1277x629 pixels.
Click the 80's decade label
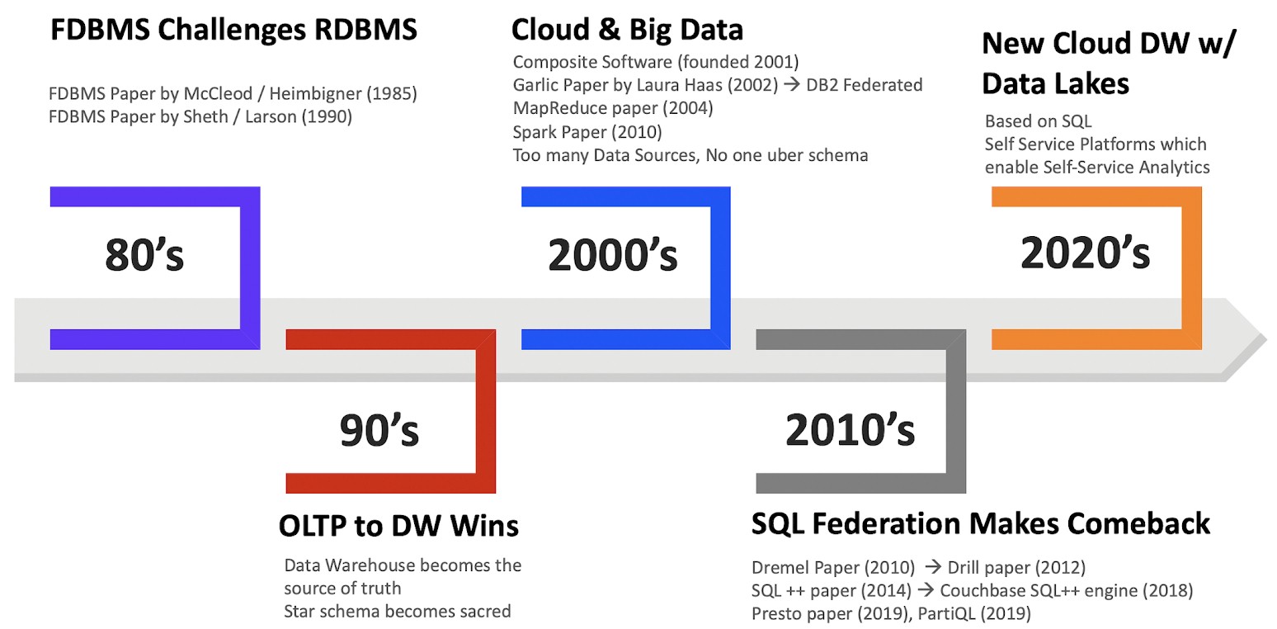pyautogui.click(x=144, y=254)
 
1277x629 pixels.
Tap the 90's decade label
pyautogui.click(x=379, y=429)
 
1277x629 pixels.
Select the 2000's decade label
pyautogui.click(x=613, y=254)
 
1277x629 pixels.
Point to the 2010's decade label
pyautogui.click(x=850, y=429)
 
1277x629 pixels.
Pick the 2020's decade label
pyautogui.click(x=1085, y=252)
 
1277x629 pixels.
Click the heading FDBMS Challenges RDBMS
pyautogui.click(x=233, y=30)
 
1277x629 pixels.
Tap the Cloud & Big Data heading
pyautogui.click(x=627, y=30)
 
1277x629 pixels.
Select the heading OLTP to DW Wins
pyautogui.click(x=398, y=525)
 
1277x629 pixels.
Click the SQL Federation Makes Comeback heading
pyautogui.click(x=981, y=523)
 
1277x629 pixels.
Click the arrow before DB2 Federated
pyautogui.click(x=792, y=84)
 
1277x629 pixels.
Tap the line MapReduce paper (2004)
pyautogui.click(x=613, y=108)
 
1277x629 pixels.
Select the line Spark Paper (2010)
pyautogui.click(x=587, y=132)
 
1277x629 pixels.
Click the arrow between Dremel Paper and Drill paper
pyautogui.click(x=933, y=567)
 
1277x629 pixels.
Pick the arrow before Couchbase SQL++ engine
pyautogui.click(x=926, y=589)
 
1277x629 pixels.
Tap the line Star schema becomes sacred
pyautogui.click(x=398, y=612)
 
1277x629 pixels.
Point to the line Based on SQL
pyautogui.click(x=1038, y=121)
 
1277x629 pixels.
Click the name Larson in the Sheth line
pyautogui.click(x=271, y=117)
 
